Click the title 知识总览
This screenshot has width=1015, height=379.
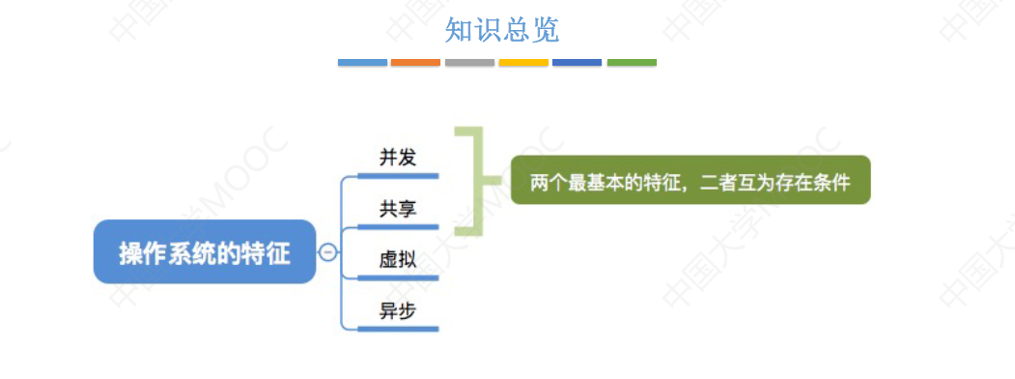(x=501, y=30)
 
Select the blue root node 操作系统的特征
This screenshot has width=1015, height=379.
(x=205, y=252)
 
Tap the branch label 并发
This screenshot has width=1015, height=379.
(x=398, y=157)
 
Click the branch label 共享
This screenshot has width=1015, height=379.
(x=398, y=208)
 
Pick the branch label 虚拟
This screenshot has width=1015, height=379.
(x=398, y=259)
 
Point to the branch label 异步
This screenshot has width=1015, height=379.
(x=398, y=310)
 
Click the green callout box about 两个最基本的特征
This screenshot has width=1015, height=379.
(x=691, y=180)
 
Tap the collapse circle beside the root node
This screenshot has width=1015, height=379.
(x=328, y=252)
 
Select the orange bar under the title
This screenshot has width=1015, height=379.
(x=415, y=63)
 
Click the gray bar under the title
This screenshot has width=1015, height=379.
(x=469, y=63)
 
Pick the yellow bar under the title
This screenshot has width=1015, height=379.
(x=523, y=63)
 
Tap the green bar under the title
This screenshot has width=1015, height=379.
(x=632, y=63)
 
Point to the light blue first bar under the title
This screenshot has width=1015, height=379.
(x=362, y=63)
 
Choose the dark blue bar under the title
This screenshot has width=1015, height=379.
(x=577, y=63)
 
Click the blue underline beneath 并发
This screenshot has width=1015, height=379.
(x=398, y=176)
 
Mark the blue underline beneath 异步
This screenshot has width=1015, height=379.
(x=398, y=330)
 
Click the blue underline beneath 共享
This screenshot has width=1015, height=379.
(x=398, y=227)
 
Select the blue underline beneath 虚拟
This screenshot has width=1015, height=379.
(x=398, y=278)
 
